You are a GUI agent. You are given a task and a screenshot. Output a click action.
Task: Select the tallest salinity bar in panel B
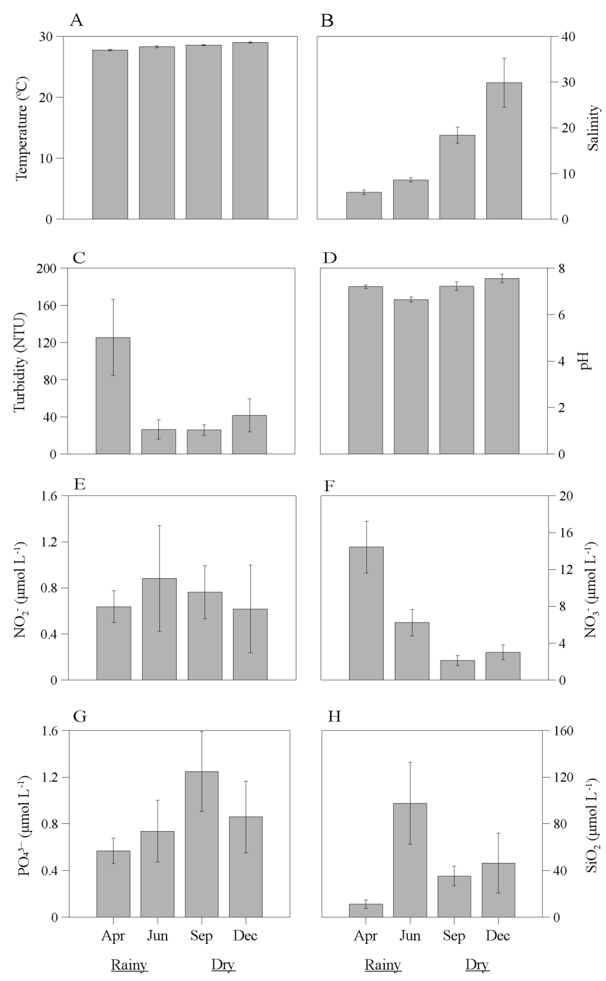point(504,151)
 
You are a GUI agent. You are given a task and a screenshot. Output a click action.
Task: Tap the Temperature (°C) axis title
point(22,128)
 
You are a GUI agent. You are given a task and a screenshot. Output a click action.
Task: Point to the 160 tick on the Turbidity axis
point(46,305)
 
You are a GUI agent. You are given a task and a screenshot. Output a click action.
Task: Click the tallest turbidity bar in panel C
point(113,395)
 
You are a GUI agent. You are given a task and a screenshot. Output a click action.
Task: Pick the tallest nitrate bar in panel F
point(366,613)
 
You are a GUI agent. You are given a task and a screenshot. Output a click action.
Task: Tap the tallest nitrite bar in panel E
point(159,629)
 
